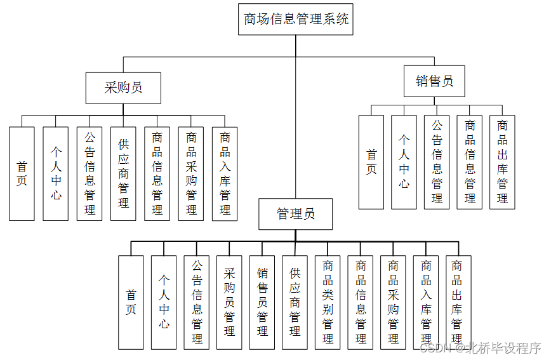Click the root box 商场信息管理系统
tap(295, 19)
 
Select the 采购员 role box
tap(123, 88)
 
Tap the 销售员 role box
tap(434, 81)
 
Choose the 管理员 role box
tap(295, 214)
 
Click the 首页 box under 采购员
tap(22, 173)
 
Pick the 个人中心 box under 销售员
tap(404, 162)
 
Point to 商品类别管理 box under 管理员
tap(328, 302)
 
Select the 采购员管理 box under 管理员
tap(229, 302)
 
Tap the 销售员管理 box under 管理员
tap(262, 302)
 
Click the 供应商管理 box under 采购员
tap(123, 173)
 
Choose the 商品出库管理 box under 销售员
tap(502, 162)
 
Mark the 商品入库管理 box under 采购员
tap(225, 173)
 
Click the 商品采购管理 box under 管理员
tap(394, 302)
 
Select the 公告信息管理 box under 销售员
tap(437, 162)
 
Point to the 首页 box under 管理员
tap(131, 302)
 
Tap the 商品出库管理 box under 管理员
tap(457, 302)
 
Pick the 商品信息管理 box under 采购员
tap(157, 173)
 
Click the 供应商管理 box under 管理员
tap(295, 302)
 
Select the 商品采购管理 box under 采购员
tap(191, 173)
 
